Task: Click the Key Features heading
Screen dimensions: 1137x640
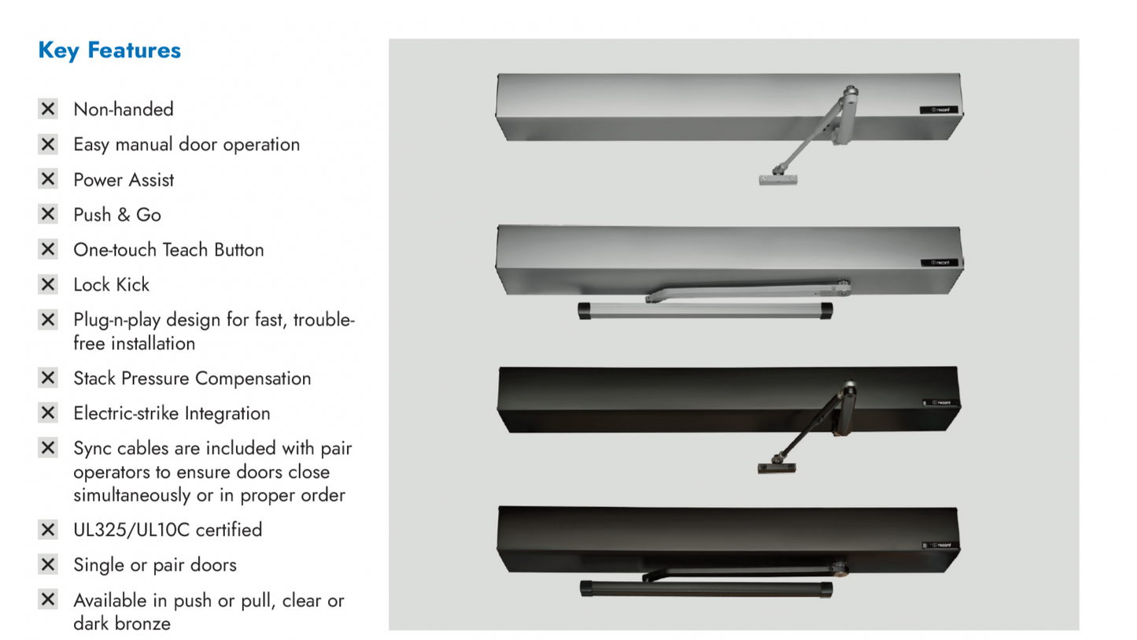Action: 109,50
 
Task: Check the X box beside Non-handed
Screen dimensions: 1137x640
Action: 48,109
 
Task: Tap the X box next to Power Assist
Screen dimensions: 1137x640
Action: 48,179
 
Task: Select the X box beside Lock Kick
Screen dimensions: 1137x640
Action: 48,284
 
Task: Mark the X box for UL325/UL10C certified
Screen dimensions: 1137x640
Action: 48,530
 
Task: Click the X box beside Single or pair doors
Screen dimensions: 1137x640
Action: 48,564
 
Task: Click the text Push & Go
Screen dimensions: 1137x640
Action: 117,215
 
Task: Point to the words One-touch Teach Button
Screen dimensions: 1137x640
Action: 168,250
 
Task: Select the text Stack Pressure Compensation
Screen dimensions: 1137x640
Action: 192,379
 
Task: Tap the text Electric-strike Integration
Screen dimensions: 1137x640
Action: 172,413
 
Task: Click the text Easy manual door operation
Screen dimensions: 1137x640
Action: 186,145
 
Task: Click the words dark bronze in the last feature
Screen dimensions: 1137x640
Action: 122,623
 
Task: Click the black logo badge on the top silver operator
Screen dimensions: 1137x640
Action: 939,109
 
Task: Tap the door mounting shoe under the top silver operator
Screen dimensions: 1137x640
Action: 778,179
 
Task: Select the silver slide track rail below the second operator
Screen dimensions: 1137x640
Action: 705,310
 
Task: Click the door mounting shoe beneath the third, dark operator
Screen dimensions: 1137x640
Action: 777,468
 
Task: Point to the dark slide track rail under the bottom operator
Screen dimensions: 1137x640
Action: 706,589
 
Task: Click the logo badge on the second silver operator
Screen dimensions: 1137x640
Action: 939,263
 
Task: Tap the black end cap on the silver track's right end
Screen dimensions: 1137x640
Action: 826,310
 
